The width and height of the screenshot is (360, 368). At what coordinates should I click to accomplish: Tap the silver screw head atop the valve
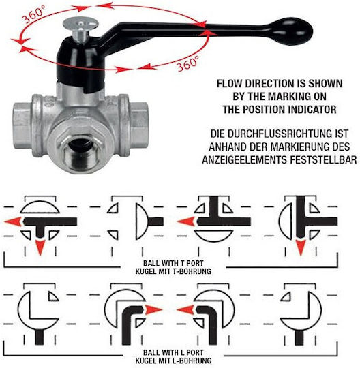[x=80, y=23]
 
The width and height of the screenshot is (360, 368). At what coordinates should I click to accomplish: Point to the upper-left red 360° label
[x=33, y=14]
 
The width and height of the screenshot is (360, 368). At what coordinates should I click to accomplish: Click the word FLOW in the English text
[x=229, y=84]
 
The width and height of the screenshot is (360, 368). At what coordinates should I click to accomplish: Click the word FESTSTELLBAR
[x=324, y=160]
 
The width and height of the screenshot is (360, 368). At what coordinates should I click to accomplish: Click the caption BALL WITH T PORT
[x=173, y=263]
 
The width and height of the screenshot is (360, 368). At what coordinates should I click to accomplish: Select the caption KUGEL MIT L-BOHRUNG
[x=173, y=361]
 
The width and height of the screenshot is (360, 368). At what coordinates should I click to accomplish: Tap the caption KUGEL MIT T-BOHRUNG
[x=173, y=271]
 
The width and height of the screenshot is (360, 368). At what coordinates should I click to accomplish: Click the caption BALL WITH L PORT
[x=173, y=352]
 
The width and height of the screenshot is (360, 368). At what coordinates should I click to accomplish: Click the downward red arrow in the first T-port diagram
[x=40, y=247]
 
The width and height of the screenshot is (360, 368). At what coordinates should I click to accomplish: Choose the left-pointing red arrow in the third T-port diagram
[x=186, y=221]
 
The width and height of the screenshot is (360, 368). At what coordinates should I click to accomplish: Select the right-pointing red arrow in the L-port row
[x=153, y=310]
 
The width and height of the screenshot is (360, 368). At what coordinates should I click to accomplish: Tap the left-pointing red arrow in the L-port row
[x=185, y=310]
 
